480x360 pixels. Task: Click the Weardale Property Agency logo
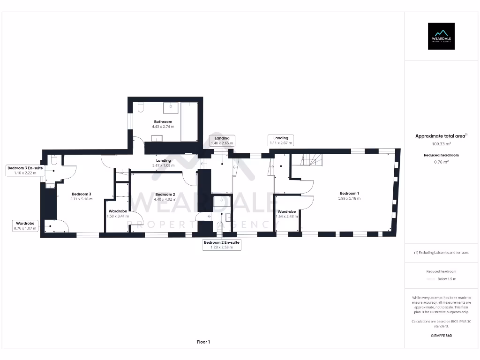tap(441, 36)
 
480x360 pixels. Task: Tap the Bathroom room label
tap(163, 122)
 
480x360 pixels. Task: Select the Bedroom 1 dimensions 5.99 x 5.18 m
tap(350, 198)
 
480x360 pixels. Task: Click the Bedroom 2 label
tap(165, 194)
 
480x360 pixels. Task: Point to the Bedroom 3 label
tap(82, 194)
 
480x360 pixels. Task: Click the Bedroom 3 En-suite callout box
tap(25, 170)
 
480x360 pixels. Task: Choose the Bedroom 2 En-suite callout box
tap(222, 245)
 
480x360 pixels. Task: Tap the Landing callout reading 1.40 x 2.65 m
tap(222, 141)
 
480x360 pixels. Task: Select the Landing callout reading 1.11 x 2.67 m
tap(281, 140)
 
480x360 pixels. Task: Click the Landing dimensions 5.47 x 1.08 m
tap(163, 165)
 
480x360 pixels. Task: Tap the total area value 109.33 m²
tap(441, 144)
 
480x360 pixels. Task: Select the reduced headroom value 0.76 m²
tap(441, 162)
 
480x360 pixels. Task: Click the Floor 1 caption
tap(203, 342)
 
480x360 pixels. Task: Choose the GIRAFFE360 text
tap(441, 336)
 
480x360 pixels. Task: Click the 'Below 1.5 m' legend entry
tap(447, 279)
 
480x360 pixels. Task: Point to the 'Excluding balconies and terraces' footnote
tap(441, 253)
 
